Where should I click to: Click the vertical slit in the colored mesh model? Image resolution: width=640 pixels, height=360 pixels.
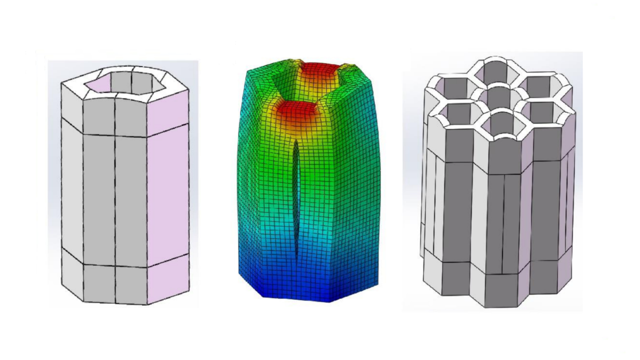point(296,200)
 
